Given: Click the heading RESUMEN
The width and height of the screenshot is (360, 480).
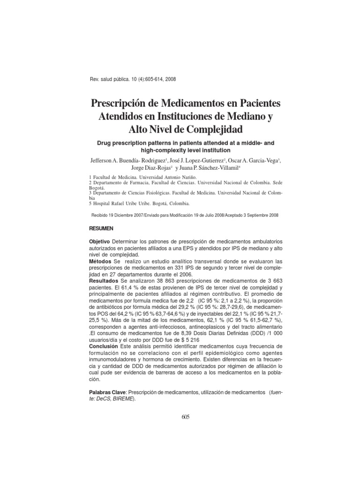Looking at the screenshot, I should pos(101,227).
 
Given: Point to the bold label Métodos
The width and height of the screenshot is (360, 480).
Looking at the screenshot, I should pos(99,260).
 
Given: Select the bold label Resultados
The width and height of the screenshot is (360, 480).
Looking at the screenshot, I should pos(102,280).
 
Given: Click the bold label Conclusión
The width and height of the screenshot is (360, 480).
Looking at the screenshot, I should pos(103,346).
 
